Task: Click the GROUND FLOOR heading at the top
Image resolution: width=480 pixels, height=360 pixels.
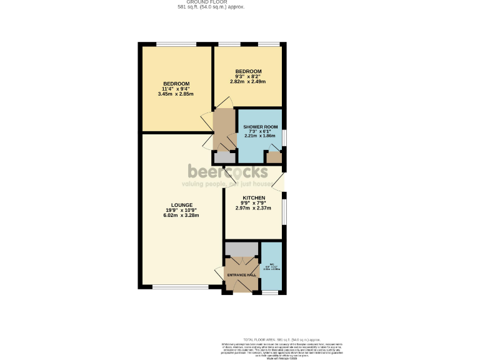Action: click(x=211, y=2)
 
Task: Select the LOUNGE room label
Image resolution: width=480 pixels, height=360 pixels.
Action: click(x=181, y=205)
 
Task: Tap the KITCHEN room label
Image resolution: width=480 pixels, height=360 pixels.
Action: click(x=254, y=198)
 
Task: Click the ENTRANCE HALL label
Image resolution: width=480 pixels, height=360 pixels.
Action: click(x=241, y=275)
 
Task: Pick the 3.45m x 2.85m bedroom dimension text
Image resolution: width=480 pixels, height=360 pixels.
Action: click(x=176, y=94)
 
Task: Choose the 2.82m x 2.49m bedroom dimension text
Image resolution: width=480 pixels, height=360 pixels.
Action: click(x=248, y=82)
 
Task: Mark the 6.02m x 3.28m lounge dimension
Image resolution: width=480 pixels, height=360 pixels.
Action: click(x=181, y=216)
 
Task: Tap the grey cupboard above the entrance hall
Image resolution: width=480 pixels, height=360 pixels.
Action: click(x=241, y=248)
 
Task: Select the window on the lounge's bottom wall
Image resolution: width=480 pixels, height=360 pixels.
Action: click(x=172, y=287)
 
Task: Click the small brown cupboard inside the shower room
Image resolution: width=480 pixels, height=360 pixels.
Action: click(x=274, y=157)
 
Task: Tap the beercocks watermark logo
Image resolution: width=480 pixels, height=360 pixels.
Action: click(x=228, y=171)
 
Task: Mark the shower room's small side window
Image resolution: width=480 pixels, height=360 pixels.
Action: click(x=284, y=136)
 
